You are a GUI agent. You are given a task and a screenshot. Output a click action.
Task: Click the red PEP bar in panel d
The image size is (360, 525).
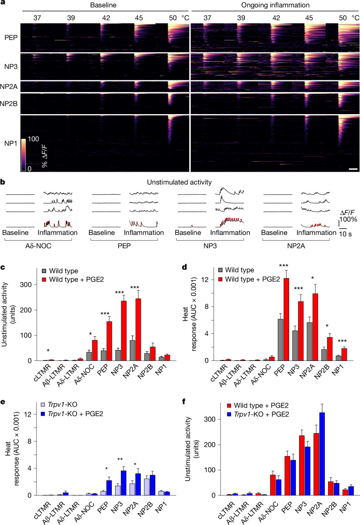coord(286,320)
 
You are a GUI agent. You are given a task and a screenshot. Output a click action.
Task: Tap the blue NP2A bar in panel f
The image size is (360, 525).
coord(322,454)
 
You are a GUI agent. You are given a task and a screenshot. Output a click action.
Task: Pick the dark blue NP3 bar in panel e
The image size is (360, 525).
coord(124,483)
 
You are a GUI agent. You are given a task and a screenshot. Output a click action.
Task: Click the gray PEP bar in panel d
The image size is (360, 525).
coord(281,340)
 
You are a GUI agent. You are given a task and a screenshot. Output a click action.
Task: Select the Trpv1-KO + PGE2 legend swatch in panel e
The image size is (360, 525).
coord(43,414)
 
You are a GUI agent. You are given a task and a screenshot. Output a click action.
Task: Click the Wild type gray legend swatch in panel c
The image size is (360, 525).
coord(44,271)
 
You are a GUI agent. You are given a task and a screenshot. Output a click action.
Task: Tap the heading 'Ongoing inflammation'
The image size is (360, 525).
coord(275,5)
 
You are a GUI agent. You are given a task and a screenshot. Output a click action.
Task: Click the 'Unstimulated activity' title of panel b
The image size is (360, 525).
coord(179,182)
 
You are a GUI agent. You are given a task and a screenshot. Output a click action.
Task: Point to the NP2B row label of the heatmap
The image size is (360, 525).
coord(9,104)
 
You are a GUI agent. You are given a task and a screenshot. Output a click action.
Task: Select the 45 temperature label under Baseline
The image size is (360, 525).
coord(139,18)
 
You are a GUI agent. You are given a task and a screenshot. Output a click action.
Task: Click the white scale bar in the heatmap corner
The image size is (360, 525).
coord(353,169)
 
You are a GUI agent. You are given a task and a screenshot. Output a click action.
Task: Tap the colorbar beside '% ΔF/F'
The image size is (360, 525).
coord(23,155)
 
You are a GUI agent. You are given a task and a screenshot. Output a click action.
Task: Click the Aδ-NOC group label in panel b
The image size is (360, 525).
coord(38,246)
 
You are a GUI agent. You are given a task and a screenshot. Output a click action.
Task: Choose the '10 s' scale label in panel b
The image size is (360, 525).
coord(346,234)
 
